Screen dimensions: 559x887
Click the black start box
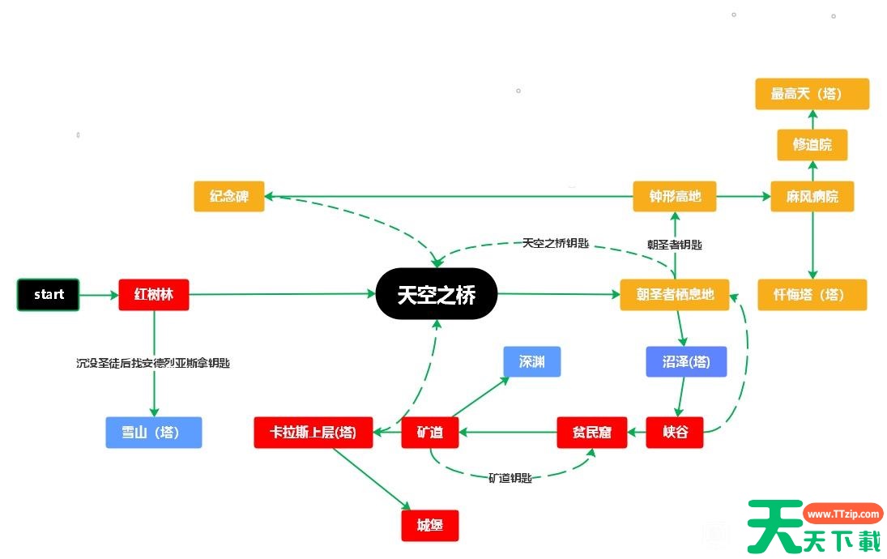tap(49, 295)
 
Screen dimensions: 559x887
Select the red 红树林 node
tap(154, 295)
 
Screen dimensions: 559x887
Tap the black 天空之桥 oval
tap(436, 294)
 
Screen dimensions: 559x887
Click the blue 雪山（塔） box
tap(153, 433)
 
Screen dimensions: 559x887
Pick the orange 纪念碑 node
tap(229, 197)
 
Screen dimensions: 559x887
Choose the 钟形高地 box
tap(675, 196)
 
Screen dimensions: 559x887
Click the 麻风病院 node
tap(812, 196)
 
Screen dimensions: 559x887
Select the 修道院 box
tap(812, 145)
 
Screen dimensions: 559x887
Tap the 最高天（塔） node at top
tap(812, 94)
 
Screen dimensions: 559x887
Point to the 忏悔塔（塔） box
tap(812, 295)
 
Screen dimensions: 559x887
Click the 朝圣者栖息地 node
tap(674, 295)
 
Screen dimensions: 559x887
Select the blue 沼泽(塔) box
tap(686, 362)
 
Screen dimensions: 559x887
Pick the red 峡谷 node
tap(674, 433)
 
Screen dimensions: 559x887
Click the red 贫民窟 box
tap(593, 433)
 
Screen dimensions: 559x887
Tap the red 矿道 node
tap(430, 433)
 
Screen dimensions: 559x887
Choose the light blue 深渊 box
tap(531, 362)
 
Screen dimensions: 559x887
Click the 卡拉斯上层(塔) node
tap(313, 433)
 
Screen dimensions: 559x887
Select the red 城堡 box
tap(430, 526)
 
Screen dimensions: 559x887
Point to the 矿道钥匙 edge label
tap(510, 479)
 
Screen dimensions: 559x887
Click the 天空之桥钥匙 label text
tap(555, 243)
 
